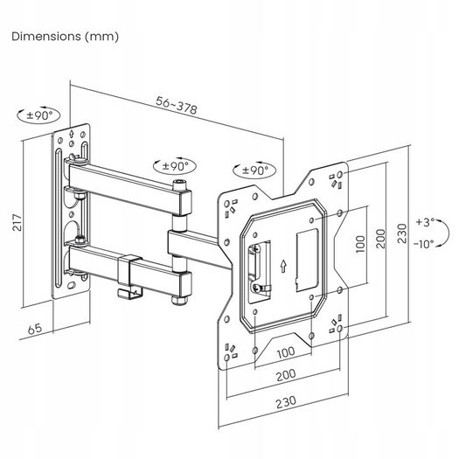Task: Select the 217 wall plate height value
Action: (16, 224)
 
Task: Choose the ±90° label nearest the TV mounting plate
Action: (253, 170)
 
